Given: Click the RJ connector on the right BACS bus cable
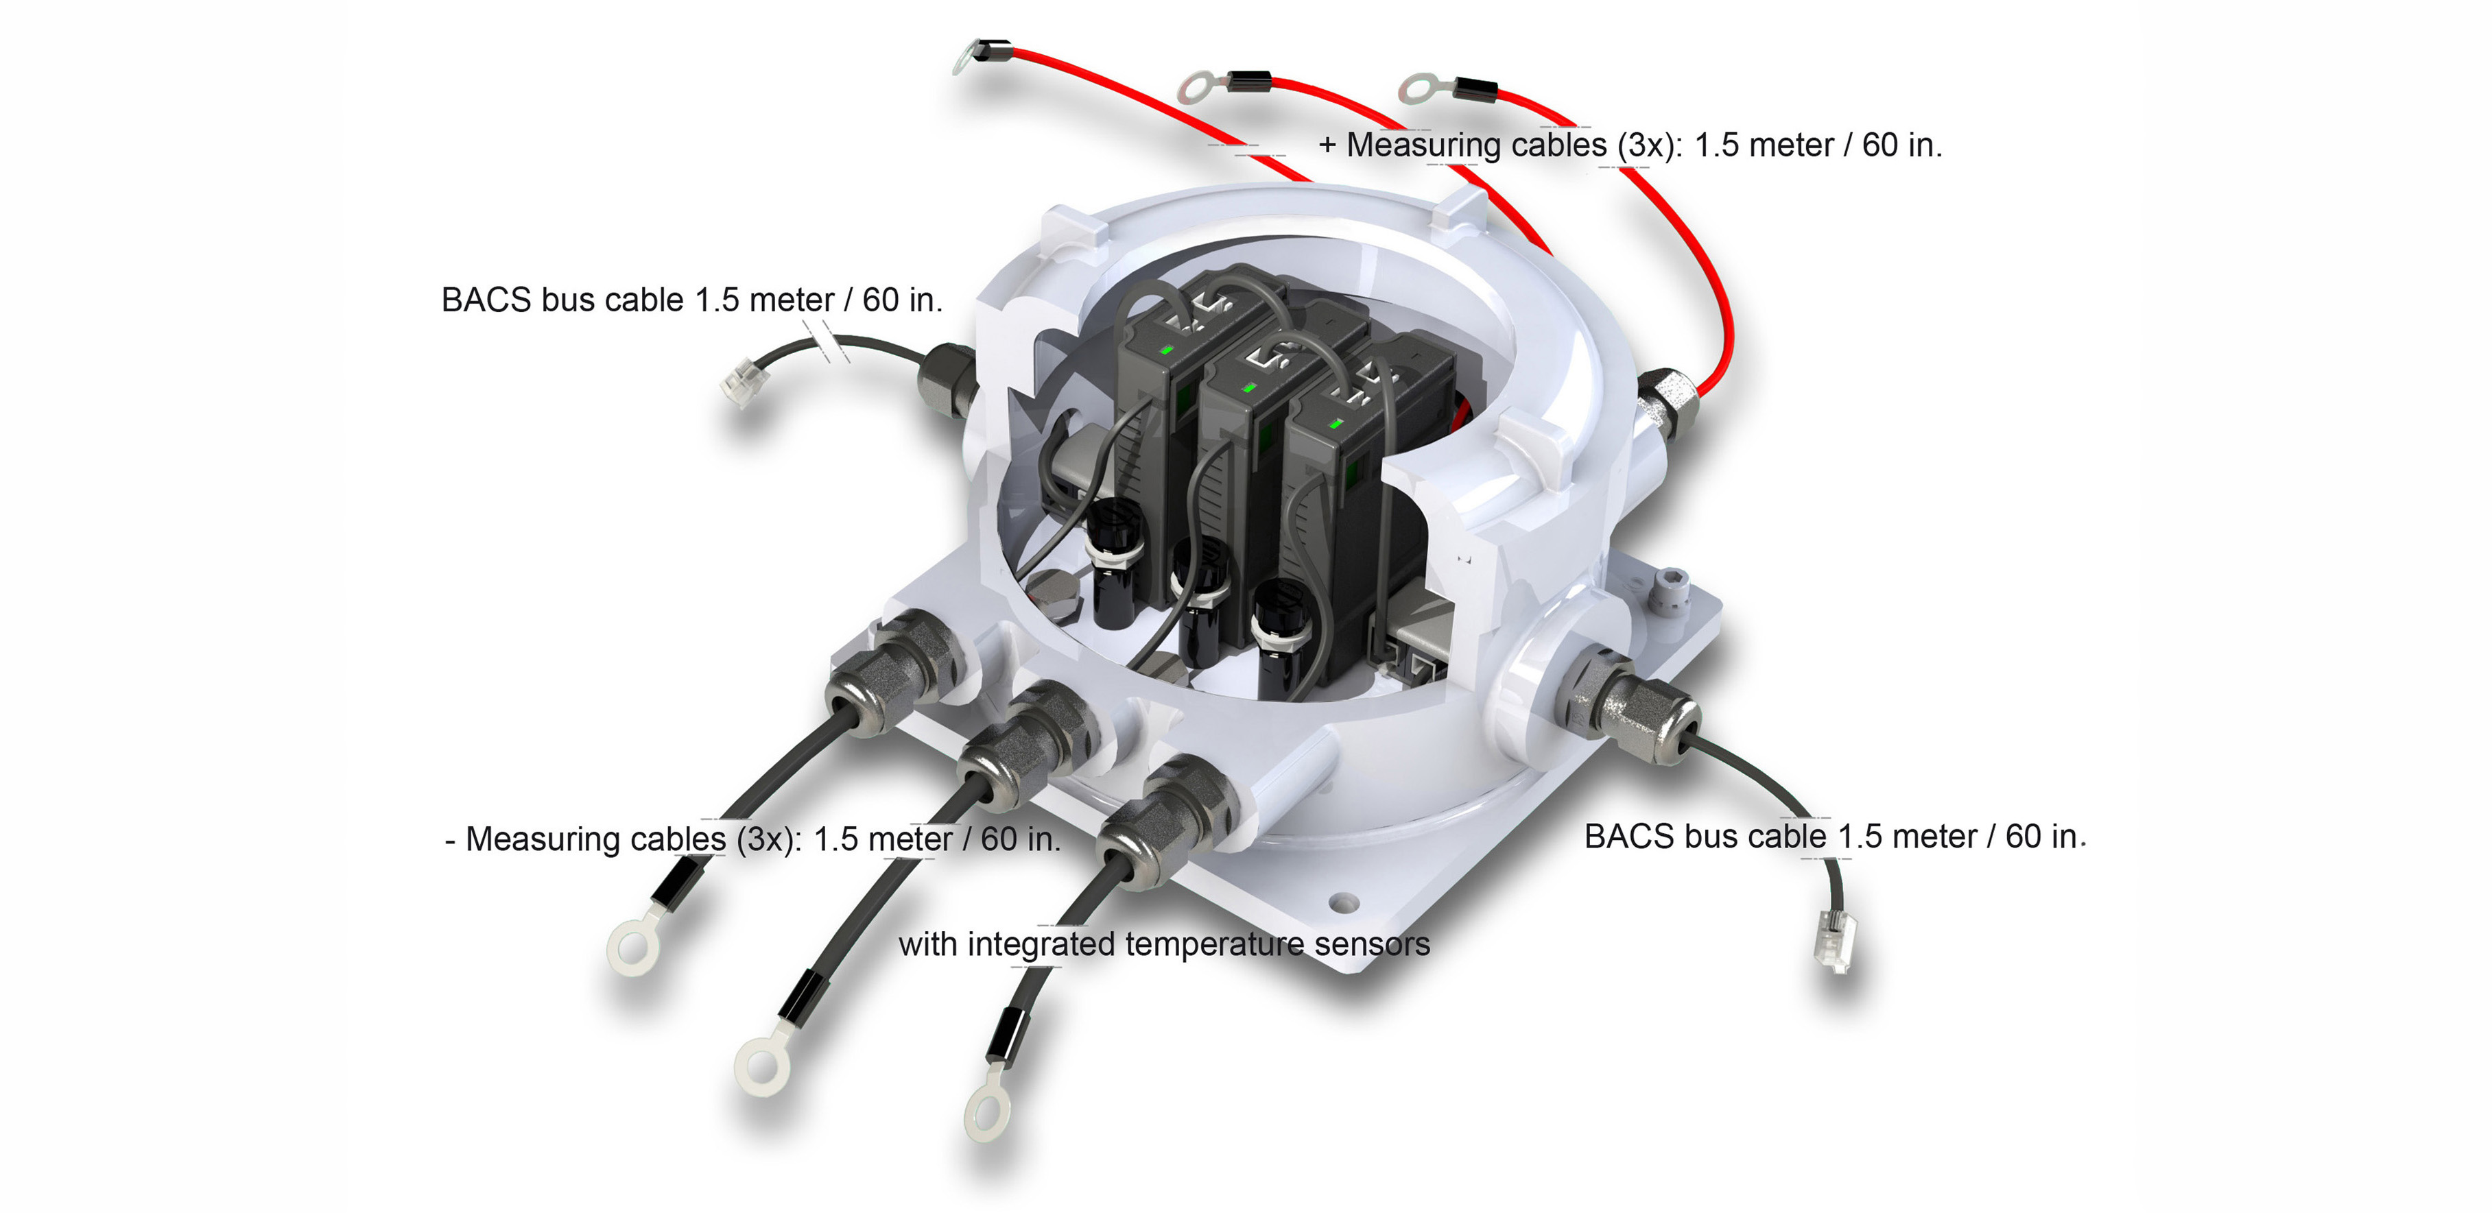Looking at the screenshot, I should click(x=1835, y=941).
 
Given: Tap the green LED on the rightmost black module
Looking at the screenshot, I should click(x=1336, y=424).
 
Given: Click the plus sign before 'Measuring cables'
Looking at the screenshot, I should click(x=1327, y=145).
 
